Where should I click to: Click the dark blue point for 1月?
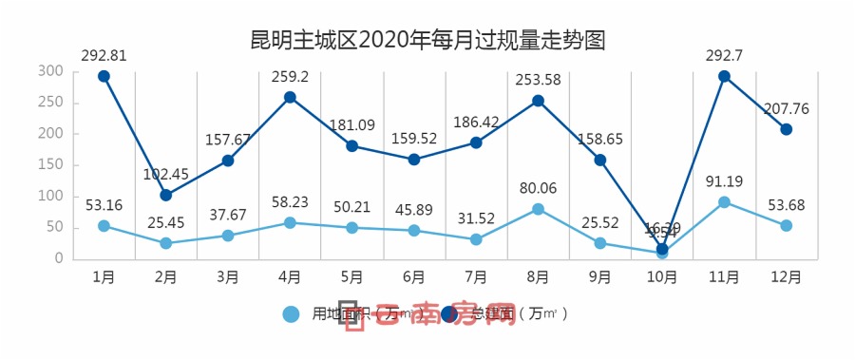(x=104, y=76)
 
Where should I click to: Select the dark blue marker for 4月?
(x=290, y=97)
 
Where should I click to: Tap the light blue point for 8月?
(x=538, y=209)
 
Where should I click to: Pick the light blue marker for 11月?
(x=724, y=201)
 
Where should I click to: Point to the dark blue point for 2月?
(x=166, y=195)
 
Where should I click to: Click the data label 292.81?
(x=104, y=55)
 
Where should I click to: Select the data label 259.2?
(x=290, y=77)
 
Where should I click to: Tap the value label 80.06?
(x=538, y=187)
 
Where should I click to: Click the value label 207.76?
(x=786, y=108)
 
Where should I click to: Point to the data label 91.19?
(x=724, y=180)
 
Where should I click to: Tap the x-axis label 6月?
(x=414, y=277)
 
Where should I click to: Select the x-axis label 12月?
(x=786, y=277)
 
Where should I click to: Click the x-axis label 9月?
(x=599, y=277)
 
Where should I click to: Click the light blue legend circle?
(x=292, y=313)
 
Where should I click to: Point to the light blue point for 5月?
(x=352, y=228)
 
